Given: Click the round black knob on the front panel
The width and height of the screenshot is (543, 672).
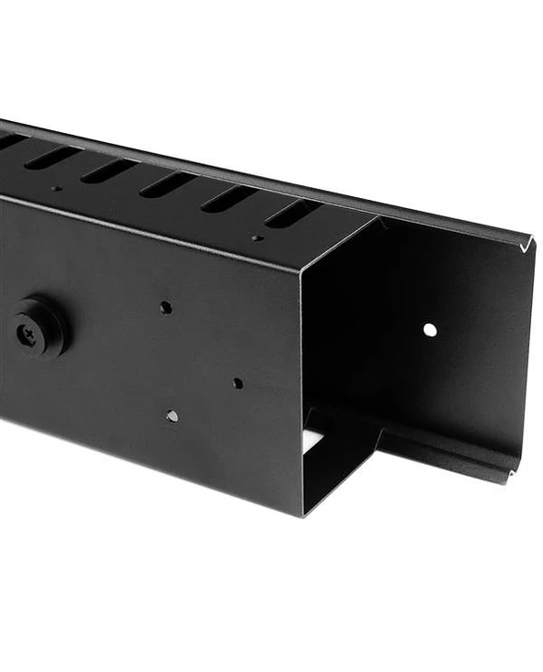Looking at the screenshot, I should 39,325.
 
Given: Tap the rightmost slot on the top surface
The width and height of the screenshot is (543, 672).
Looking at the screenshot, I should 293,214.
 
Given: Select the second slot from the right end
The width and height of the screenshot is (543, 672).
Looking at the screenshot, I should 229,198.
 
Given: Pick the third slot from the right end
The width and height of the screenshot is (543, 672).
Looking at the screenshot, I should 169,183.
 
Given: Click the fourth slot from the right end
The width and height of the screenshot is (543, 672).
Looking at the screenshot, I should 109,171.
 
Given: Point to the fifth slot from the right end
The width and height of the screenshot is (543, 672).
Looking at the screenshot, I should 53,157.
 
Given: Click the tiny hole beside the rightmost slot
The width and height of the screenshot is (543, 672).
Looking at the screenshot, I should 257,238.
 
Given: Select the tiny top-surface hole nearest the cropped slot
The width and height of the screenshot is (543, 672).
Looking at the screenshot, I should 56,189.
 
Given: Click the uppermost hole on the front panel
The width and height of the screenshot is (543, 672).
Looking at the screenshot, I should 166,307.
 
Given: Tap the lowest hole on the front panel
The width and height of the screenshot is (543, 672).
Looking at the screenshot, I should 172,416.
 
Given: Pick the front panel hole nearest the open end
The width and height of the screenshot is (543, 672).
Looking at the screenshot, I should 238,382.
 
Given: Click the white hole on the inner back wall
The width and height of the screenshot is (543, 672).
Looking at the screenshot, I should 429,329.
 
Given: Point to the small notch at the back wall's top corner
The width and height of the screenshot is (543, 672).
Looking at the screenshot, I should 526,245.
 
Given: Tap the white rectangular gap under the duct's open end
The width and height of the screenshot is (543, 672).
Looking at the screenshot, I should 313,440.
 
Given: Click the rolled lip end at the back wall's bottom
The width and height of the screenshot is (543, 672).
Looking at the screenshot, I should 511,473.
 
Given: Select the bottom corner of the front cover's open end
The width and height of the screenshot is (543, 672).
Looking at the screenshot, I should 304,513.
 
